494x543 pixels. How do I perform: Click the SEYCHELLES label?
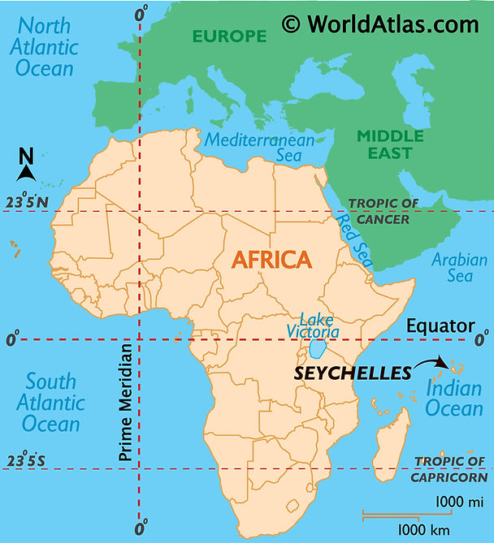(353, 373)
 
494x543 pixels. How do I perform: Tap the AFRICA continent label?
(271, 260)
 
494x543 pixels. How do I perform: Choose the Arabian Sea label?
(460, 269)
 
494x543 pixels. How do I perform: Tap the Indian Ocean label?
(454, 399)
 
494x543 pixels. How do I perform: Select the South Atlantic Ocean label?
(51, 402)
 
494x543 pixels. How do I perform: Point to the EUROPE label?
(229, 36)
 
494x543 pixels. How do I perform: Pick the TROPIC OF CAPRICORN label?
(449, 468)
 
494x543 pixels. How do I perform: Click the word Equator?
(440, 326)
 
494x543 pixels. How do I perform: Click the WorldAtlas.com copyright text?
(380, 24)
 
